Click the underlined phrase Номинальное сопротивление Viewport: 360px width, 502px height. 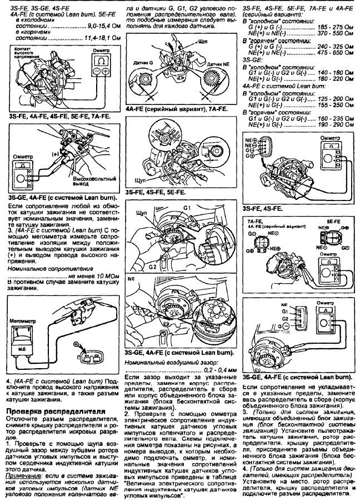tap(39, 268)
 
